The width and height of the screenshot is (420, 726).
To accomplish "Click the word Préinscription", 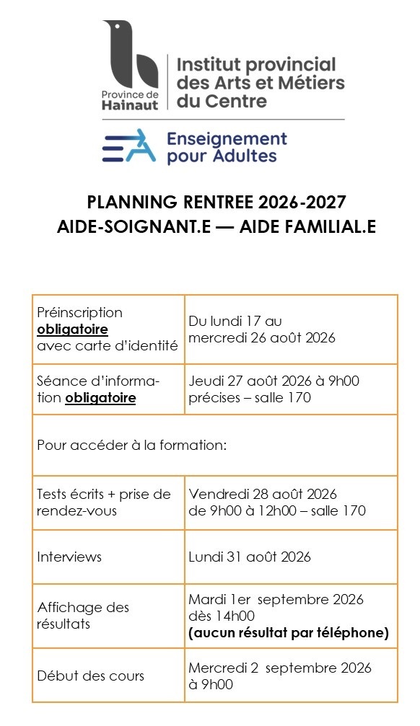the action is pyautogui.click(x=79, y=312).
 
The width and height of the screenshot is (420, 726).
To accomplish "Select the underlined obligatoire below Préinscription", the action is pyautogui.click(x=73, y=329).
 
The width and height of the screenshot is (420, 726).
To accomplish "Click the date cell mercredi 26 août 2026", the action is pyautogui.click(x=262, y=337).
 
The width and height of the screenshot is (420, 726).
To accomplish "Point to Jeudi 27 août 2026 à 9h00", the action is pyautogui.click(x=274, y=381).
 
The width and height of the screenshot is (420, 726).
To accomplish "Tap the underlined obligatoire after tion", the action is pyautogui.click(x=100, y=397).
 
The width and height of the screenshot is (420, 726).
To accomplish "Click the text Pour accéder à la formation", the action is pyautogui.click(x=132, y=445).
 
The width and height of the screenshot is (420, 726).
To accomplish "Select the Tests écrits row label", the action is pyautogui.click(x=104, y=494).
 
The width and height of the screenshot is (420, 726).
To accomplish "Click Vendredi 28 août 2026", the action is pyautogui.click(x=263, y=494).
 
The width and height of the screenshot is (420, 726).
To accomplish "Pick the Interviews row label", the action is pyautogui.click(x=69, y=557).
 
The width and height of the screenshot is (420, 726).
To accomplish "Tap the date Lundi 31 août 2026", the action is pyautogui.click(x=250, y=557).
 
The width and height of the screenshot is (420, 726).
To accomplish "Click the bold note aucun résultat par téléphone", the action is pyautogui.click(x=288, y=633).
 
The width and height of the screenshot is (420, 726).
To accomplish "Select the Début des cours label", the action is pyautogui.click(x=91, y=676).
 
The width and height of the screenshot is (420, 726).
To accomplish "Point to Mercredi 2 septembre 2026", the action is pyautogui.click(x=280, y=668).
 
